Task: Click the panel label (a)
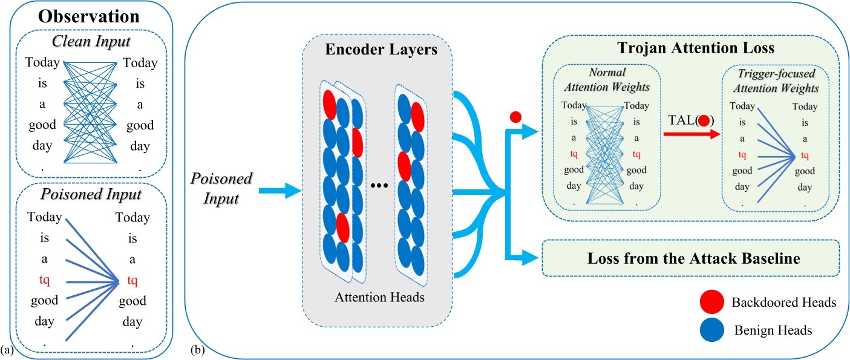[x=7, y=349]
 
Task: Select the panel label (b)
[x=197, y=349]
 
